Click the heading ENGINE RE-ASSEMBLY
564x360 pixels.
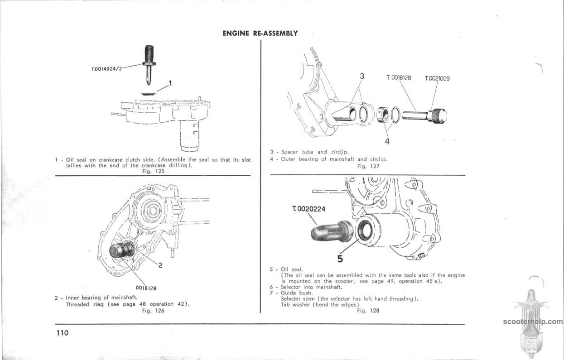coord(260,33)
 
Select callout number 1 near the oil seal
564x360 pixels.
coord(170,83)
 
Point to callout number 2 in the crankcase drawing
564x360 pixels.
coord(160,265)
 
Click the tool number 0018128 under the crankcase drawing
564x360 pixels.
coord(146,287)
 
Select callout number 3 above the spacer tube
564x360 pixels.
coord(362,77)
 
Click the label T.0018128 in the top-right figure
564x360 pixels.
coord(399,78)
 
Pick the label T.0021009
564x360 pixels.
coord(437,78)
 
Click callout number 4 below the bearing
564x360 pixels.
coord(387,141)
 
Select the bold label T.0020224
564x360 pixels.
coord(309,209)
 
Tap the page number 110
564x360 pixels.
coord(63,333)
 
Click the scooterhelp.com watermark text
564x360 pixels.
coord(532,322)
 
